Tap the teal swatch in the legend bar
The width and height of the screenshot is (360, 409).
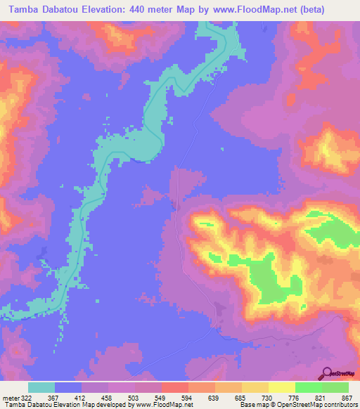[41, 387]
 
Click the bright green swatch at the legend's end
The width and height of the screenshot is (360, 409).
[335, 387]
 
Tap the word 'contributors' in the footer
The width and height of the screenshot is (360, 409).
[342, 405]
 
